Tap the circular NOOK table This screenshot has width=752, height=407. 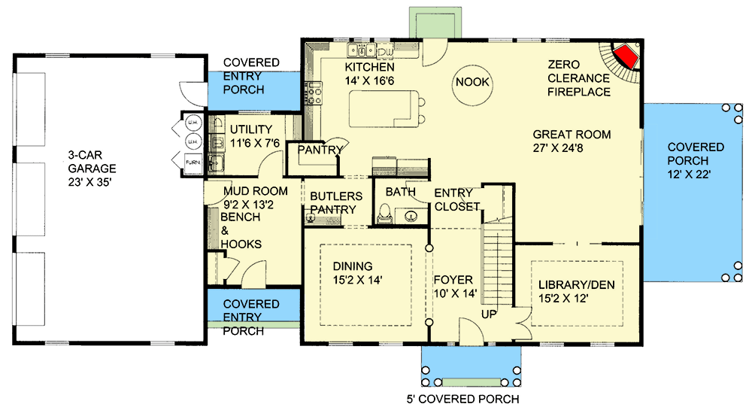(472, 87)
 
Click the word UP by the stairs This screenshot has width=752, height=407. (489, 314)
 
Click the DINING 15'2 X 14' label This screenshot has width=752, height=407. (358, 272)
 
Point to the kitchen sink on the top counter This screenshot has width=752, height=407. (362, 51)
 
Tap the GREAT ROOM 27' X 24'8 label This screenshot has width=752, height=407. (571, 141)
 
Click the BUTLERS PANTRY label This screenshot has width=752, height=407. (336, 202)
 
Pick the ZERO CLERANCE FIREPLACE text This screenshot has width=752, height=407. (578, 78)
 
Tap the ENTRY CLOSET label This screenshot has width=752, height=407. (456, 199)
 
